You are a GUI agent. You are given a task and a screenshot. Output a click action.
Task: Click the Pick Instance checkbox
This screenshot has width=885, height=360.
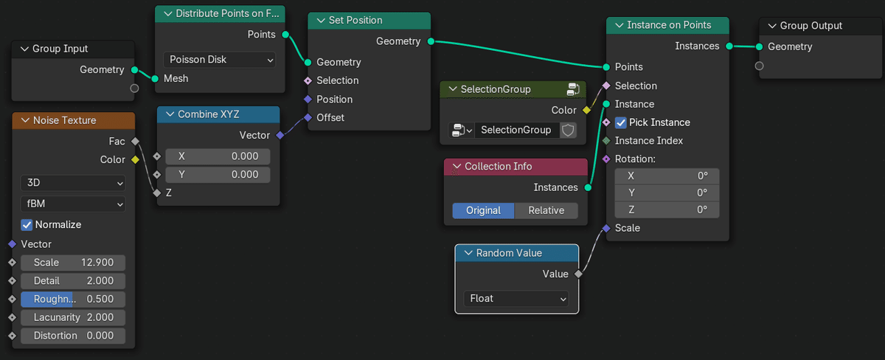point(620,122)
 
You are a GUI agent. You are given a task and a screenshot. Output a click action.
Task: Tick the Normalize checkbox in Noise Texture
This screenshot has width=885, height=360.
point(27,224)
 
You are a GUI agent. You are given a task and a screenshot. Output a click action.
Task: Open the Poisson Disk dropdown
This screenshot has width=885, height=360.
point(219,60)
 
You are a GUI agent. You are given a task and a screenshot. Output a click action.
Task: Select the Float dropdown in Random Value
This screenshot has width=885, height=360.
point(516,299)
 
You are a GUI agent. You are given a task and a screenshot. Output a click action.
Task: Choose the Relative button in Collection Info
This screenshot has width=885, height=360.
point(546,210)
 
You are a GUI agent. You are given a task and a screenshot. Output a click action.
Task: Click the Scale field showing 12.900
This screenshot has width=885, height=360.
point(73,263)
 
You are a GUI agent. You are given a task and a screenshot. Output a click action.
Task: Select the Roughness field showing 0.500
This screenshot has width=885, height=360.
point(73,299)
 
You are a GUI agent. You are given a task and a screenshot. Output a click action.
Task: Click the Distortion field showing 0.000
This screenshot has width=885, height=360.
point(73,336)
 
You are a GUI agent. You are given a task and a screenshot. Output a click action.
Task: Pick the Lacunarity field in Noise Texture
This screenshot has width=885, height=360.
point(73,317)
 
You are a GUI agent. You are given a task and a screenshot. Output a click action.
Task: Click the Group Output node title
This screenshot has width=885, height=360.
point(811,26)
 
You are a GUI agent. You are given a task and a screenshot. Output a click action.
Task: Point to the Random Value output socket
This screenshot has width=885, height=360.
point(578,274)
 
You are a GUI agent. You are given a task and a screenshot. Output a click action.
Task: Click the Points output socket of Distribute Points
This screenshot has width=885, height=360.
point(285,34)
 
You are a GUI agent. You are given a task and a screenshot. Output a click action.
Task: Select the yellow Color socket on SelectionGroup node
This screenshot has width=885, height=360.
point(586,110)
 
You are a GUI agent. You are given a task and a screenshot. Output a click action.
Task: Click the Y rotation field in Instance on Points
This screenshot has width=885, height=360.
point(666,193)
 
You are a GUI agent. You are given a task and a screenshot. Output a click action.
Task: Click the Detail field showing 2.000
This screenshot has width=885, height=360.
point(73,281)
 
